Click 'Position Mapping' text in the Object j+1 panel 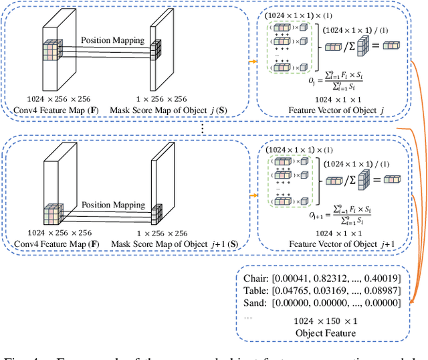tap(112, 205)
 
